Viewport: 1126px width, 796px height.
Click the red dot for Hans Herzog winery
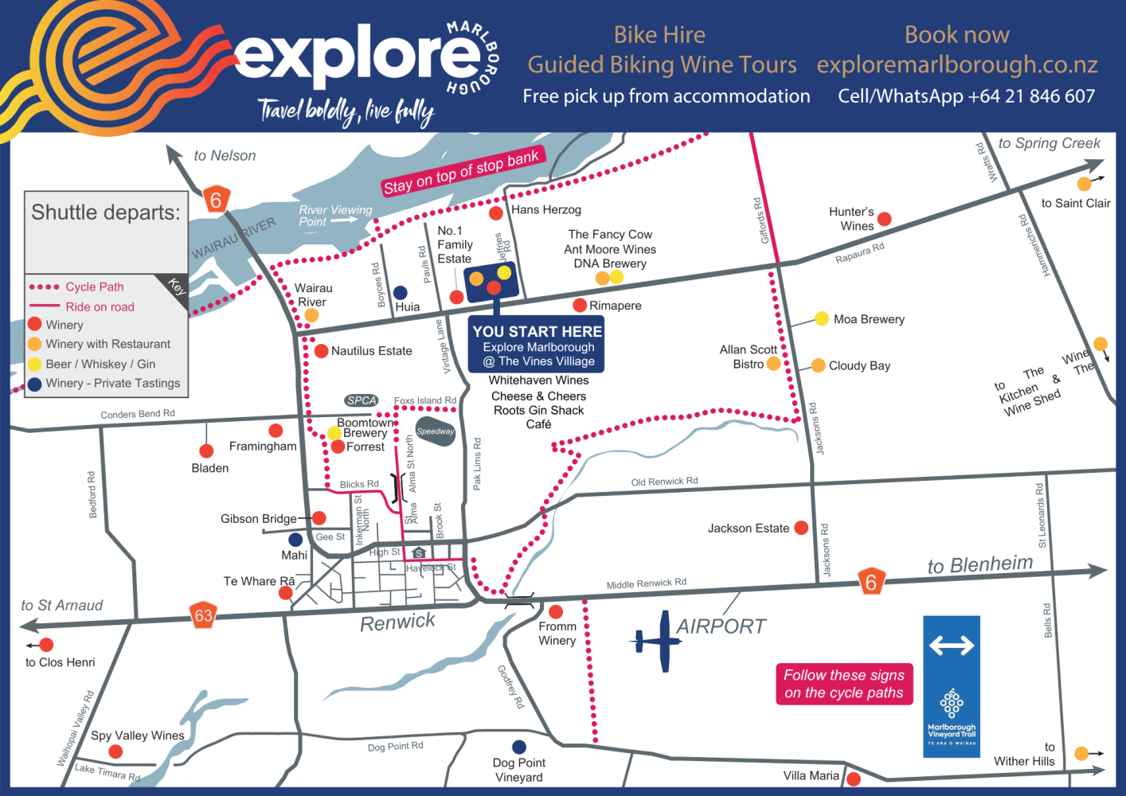496,213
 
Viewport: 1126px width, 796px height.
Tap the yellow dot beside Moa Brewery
821,319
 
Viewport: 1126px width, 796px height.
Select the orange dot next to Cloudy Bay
818,365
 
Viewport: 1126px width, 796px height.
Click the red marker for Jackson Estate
801,528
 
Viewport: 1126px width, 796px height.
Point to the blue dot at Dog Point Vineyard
519,747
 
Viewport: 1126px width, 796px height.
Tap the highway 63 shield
204,615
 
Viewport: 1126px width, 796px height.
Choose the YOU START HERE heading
538,331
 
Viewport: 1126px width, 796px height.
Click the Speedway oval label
435,431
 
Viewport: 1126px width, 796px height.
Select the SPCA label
362,400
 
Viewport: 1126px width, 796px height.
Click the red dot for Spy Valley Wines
115,751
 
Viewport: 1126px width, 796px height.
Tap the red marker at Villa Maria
854,778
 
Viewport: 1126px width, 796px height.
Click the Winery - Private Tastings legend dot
35,384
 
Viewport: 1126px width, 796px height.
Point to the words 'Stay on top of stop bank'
461,171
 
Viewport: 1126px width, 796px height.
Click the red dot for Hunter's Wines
884,219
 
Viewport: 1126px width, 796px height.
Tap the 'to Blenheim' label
979,564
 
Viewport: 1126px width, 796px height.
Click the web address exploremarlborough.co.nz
957,64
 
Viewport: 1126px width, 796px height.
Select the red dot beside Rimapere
580,305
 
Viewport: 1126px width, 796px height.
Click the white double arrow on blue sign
952,645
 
